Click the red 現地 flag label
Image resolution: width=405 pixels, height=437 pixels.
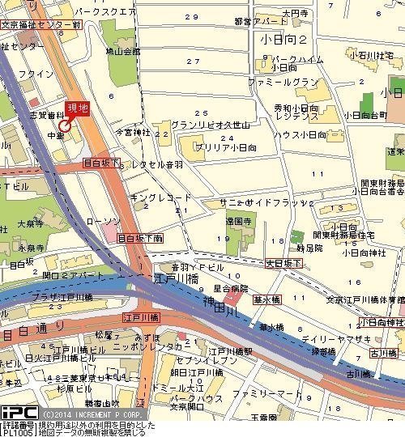pos(77,108)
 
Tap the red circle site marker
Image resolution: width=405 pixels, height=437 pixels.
pos(64,125)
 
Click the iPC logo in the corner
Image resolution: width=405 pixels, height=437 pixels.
pos(15,413)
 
